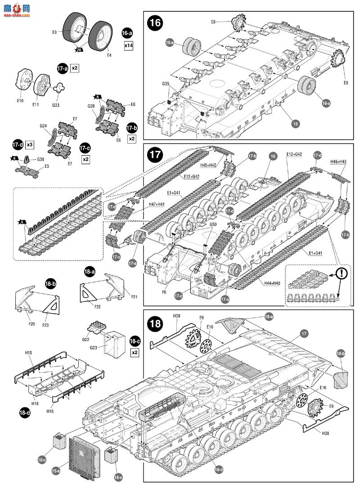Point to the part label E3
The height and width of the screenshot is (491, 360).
(x=54, y=32)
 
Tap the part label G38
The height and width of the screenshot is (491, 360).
(x=40, y=159)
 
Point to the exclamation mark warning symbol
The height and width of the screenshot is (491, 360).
(x=342, y=273)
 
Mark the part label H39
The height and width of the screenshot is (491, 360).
(x=178, y=317)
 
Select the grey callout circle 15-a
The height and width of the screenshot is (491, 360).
(x=56, y=471)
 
